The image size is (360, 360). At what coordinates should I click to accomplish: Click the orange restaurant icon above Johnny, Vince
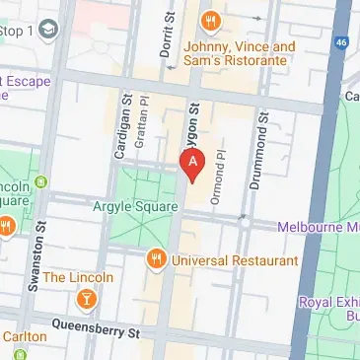pyautogui.click(x=209, y=21)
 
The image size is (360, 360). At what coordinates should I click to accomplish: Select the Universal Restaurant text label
pyautogui.click(x=235, y=260)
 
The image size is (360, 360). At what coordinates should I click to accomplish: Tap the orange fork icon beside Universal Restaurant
pyautogui.click(x=155, y=259)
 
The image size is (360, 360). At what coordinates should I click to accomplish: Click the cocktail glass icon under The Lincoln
pyautogui.click(x=86, y=298)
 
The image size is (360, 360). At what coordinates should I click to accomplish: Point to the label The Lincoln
pyautogui.click(x=78, y=278)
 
